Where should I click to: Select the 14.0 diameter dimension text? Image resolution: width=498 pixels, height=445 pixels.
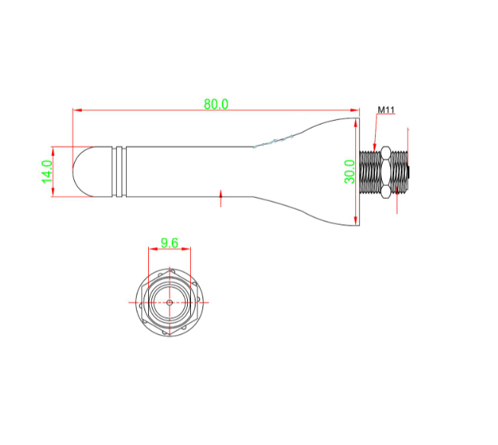pos(47,171)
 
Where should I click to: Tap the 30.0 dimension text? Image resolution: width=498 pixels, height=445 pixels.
pos(349,171)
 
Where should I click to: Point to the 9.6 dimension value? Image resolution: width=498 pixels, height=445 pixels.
pos(169,244)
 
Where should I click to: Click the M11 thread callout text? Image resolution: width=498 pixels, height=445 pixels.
pos(386,111)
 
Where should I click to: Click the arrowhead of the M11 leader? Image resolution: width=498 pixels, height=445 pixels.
pos(373,147)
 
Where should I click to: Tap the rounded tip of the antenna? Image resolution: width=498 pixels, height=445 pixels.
pos(82,171)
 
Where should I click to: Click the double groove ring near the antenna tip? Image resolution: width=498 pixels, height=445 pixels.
pos(118,171)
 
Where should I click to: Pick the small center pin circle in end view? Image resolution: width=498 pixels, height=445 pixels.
pos(169,302)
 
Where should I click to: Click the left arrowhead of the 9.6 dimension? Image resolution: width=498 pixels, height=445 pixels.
pos(151,249)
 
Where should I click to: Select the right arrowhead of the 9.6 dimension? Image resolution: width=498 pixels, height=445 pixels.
pos(186,249)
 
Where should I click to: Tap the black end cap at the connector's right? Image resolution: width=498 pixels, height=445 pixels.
pos(407,172)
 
